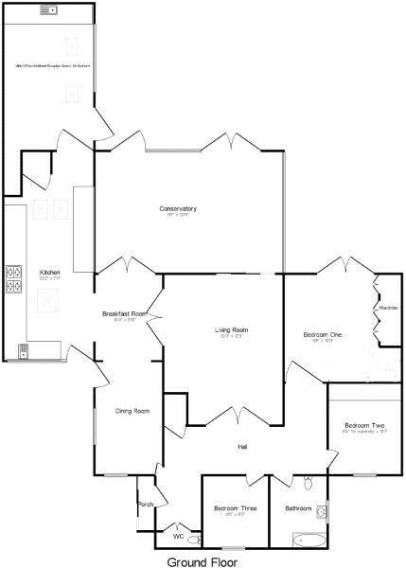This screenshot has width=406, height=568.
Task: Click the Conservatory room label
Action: tap(177, 208)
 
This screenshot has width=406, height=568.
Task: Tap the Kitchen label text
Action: tap(49, 273)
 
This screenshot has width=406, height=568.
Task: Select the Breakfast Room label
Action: tap(124, 313)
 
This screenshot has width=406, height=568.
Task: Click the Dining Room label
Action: tap(132, 411)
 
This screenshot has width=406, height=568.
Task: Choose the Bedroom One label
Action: tap(322, 335)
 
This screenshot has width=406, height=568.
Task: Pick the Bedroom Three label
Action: tap(235, 508)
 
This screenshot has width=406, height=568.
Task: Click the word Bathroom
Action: tap(298, 508)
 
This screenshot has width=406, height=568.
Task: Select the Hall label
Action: tap(242, 446)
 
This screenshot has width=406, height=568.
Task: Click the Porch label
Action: tap(146, 504)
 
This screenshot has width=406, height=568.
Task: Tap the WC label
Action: tap(178, 537)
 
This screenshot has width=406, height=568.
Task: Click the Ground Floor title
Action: tap(203, 560)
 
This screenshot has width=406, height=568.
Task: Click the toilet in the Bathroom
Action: tap(308, 484)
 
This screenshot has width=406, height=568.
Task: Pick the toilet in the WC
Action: tap(193, 540)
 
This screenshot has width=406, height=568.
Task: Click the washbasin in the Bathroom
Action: tap(322, 513)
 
